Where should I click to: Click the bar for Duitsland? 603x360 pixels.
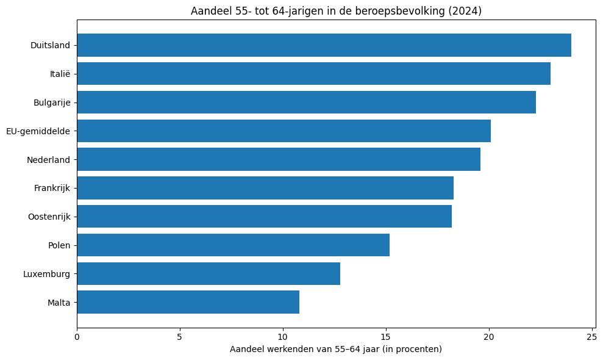tap(324, 45)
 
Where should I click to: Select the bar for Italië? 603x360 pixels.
tap(313, 74)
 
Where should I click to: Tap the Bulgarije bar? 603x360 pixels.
tap(306, 103)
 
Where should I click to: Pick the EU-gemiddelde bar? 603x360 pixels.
tap(284, 131)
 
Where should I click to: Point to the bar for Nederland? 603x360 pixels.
tap(279, 159)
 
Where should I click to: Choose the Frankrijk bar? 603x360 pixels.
tap(265, 188)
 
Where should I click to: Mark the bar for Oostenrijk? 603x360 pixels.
tap(264, 217)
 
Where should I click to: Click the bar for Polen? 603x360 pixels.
tap(233, 245)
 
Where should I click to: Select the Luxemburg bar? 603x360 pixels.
tap(209, 273)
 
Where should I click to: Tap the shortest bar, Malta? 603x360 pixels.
tap(188, 302)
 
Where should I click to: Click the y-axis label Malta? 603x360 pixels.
tap(59, 302)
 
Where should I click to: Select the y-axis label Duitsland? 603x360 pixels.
tap(50, 45)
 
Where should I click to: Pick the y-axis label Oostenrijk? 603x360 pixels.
tap(49, 217)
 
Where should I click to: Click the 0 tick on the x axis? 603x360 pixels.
tap(77, 336)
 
